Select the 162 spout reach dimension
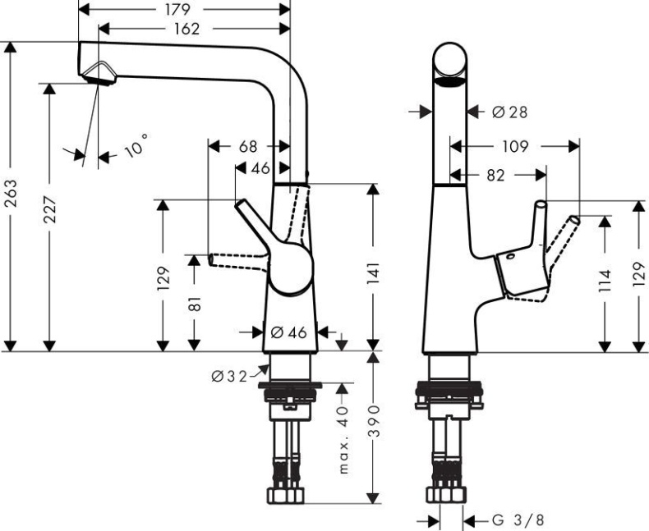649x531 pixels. pyautogui.click(x=186, y=29)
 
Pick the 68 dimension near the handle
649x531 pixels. pyautogui.click(x=247, y=147)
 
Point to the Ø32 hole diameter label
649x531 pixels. pyautogui.click(x=228, y=376)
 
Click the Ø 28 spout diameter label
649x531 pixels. pyautogui.click(x=509, y=112)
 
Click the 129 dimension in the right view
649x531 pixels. pyautogui.click(x=639, y=276)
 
